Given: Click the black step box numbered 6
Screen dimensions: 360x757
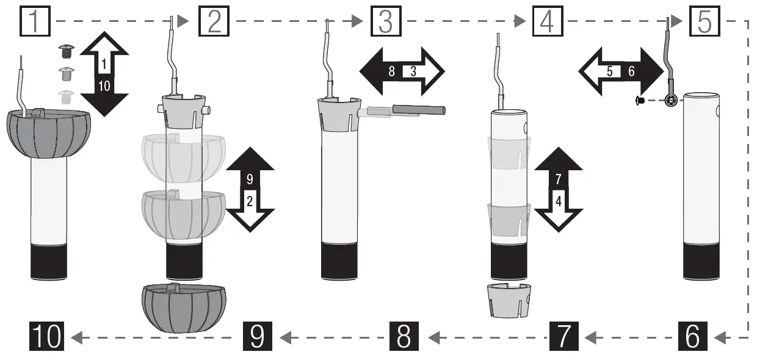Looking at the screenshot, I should (692, 336).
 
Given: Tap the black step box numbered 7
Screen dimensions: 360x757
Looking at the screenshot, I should (565, 336).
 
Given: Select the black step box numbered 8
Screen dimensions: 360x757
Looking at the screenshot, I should (404, 336).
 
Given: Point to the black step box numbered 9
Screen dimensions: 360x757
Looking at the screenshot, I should (257, 336).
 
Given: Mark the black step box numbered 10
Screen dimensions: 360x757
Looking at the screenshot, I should (47, 336).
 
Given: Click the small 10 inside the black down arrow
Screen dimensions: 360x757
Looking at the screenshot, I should (104, 86).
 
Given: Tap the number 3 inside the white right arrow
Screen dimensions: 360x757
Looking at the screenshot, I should (413, 71).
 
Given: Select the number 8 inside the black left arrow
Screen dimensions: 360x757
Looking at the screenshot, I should (391, 71).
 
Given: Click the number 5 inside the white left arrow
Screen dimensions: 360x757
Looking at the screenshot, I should (609, 71).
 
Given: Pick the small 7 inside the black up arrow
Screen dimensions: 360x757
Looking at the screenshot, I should (559, 179).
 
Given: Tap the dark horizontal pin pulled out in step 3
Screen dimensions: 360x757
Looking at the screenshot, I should (419, 110).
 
